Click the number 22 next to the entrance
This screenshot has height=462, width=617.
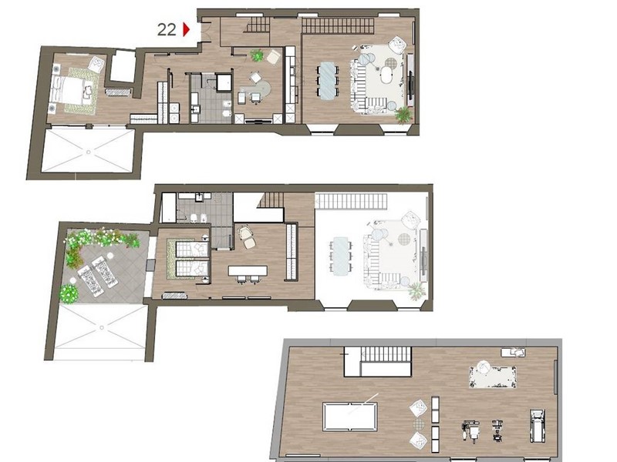coord(167,29)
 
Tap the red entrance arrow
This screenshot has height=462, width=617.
coord(186,29)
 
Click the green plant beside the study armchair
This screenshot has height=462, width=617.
coord(257,55)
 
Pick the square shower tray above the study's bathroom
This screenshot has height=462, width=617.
coord(224,82)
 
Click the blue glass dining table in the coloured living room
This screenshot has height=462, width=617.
coord(328,81)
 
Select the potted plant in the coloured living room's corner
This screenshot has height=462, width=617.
coord(403,114)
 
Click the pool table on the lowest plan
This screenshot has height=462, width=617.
coord(350,417)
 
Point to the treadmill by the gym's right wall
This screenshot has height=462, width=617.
coord(537,425)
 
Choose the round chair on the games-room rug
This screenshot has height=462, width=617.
coord(483,368)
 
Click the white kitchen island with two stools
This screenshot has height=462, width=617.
coord(248,271)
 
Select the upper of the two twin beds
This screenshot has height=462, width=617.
coord(191,249)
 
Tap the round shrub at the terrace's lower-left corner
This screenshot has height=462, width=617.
coord(69,293)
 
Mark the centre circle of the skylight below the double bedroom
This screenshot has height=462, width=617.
coord(89,152)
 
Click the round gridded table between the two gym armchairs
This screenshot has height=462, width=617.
coord(419,423)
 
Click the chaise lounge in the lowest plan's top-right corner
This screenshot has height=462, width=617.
coord(513,353)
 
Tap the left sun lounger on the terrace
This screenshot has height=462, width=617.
coord(91,280)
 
